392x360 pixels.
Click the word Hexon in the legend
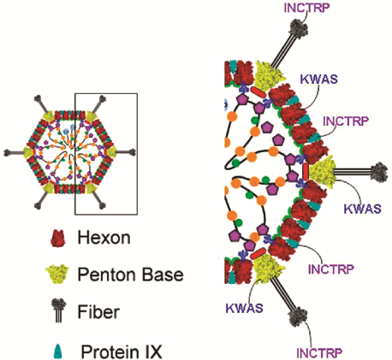[104, 237]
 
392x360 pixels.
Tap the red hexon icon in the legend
[58, 239]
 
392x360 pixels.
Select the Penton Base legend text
[131, 274]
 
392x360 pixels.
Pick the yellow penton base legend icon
[57, 274]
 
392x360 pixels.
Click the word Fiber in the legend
[98, 311]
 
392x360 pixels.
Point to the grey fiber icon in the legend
[58, 310]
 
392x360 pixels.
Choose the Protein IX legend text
[122, 351]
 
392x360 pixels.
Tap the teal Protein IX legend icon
[58, 351]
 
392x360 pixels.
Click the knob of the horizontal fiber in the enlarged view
[379, 172]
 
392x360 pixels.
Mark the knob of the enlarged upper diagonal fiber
[299, 27]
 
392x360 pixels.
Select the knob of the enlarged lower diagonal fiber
[297, 316]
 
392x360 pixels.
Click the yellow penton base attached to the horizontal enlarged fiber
[323, 171]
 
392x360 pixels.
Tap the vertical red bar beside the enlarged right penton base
[306, 171]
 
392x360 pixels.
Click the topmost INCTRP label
[306, 8]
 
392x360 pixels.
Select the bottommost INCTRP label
[319, 353]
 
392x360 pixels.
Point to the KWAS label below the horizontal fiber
[362, 209]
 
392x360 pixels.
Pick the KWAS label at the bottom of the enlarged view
[244, 308]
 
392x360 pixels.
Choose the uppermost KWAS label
[319, 79]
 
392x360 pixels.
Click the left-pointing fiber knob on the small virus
[8, 153]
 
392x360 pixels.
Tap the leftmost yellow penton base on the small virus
[29, 152]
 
